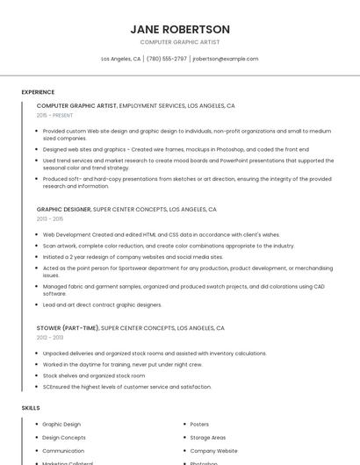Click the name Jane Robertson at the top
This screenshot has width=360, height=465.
pyautogui.click(x=179, y=29)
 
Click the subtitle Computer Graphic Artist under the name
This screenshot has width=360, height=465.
pyautogui.click(x=179, y=42)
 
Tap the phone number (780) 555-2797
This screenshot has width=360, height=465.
pyautogui.click(x=167, y=59)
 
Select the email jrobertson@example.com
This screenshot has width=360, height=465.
pyautogui.click(x=226, y=59)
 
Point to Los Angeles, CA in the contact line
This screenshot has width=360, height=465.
pyautogui.click(x=120, y=59)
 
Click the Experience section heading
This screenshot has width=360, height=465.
pyautogui.click(x=38, y=91)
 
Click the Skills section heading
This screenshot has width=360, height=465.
pyautogui.click(x=31, y=408)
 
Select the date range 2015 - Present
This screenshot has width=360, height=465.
pyautogui.click(x=54, y=115)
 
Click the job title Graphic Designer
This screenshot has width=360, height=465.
pyautogui.click(x=63, y=210)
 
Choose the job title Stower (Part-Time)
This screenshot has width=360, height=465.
pyautogui.click(x=68, y=327)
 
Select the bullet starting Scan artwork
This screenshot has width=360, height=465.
pyautogui.click(x=169, y=246)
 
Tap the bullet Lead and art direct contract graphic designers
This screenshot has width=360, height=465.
pyautogui.click(x=103, y=304)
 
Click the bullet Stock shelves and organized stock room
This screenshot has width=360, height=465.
pyautogui.click(x=94, y=376)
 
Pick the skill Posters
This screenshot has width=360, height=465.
pyautogui.click(x=199, y=424)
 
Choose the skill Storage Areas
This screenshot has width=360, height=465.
pyautogui.click(x=208, y=437)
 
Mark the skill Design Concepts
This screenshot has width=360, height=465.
pyautogui.click(x=64, y=437)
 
